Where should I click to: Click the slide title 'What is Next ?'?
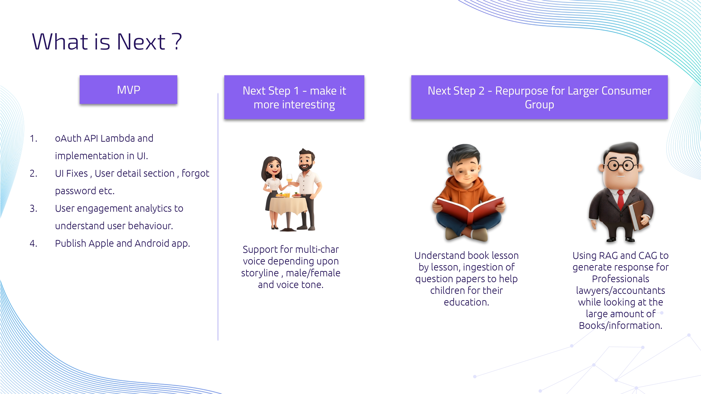[107, 42]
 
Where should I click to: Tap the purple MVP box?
[129, 89]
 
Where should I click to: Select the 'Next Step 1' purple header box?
[294, 97]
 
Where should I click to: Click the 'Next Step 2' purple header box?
[539, 97]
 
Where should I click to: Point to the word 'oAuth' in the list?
[68, 138]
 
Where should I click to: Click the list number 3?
[33, 209]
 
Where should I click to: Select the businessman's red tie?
[621, 200]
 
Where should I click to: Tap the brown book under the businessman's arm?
[638, 215]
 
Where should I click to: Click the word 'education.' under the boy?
[466, 302]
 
